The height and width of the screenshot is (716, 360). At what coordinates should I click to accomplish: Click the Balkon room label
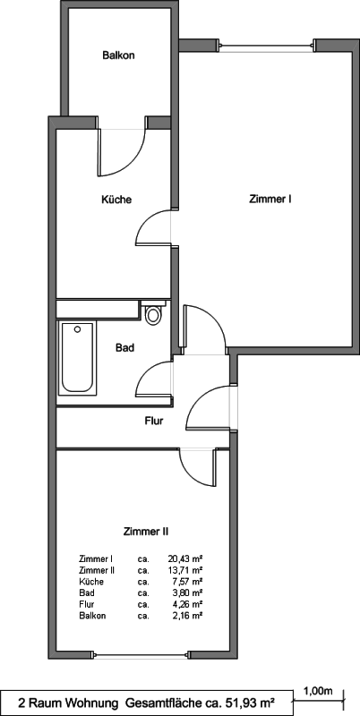[x=118, y=55]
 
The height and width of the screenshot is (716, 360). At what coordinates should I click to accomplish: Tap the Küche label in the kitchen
[x=116, y=200]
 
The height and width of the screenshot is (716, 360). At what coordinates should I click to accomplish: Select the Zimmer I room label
[x=270, y=199]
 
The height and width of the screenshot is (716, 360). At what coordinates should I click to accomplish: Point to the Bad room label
[x=124, y=348]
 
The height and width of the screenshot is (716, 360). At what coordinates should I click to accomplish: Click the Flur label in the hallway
[x=154, y=421]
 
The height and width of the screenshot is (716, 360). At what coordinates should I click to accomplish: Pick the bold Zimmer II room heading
[x=147, y=532]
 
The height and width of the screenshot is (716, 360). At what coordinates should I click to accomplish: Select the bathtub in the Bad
[x=78, y=359]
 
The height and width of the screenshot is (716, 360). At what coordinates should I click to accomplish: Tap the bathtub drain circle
[x=78, y=328]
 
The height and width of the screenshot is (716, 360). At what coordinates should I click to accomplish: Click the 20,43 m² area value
[x=185, y=558]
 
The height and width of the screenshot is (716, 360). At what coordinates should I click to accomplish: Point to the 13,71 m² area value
[x=185, y=570]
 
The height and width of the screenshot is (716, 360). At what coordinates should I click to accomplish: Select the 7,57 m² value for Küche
[x=188, y=582]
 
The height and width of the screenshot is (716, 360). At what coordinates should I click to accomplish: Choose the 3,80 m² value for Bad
[x=188, y=593]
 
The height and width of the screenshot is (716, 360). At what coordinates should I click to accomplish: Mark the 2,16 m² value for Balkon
[x=188, y=616]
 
